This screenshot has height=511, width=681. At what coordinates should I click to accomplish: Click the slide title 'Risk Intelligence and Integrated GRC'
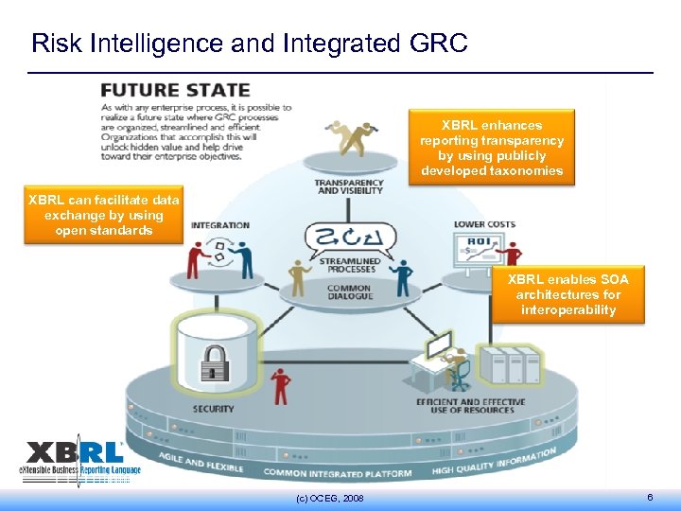click(x=249, y=44)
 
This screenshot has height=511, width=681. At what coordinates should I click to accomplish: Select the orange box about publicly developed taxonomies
click(x=491, y=149)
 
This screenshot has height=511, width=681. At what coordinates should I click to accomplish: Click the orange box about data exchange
click(x=103, y=215)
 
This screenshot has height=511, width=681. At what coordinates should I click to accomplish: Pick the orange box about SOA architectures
click(x=567, y=294)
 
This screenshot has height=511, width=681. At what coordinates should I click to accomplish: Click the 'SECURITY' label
click(x=214, y=409)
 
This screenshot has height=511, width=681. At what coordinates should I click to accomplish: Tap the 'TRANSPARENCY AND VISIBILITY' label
click(x=349, y=186)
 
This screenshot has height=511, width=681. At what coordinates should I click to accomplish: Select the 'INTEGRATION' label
click(x=220, y=225)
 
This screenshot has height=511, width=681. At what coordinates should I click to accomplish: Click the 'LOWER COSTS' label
click(x=484, y=224)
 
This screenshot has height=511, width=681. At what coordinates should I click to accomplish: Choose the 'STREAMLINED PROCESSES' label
click(x=350, y=265)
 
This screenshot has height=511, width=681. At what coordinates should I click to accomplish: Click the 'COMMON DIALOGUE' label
click(x=349, y=292)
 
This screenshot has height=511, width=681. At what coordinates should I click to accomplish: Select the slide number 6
click(x=649, y=498)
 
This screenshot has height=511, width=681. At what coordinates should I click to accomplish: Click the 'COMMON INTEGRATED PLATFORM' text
click(x=338, y=472)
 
